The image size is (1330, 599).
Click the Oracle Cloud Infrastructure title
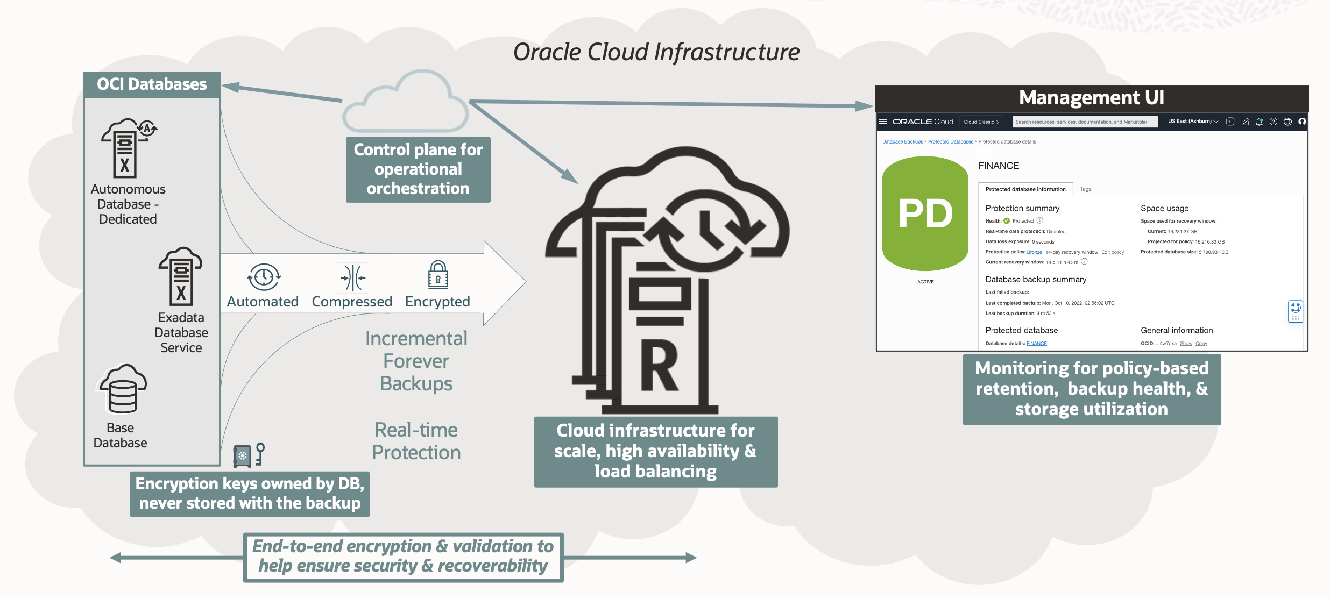[656, 52]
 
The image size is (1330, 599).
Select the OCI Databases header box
[152, 84]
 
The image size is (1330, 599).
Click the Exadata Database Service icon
[181, 276]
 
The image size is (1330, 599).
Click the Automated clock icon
[264, 277]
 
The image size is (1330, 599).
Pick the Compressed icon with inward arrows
[353, 277]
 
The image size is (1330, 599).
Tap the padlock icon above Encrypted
[438, 275]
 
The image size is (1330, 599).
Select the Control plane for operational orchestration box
[418, 169]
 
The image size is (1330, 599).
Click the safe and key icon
[249, 455]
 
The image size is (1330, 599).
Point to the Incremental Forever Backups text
[416, 361]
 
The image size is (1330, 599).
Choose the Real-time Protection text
[416, 441]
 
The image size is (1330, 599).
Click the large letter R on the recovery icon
[660, 368]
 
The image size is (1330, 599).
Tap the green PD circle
[925, 213]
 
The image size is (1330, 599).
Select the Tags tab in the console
[1085, 189]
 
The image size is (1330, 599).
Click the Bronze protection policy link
[1034, 252]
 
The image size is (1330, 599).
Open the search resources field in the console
[1084, 122]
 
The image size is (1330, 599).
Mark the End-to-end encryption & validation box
[403, 557]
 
